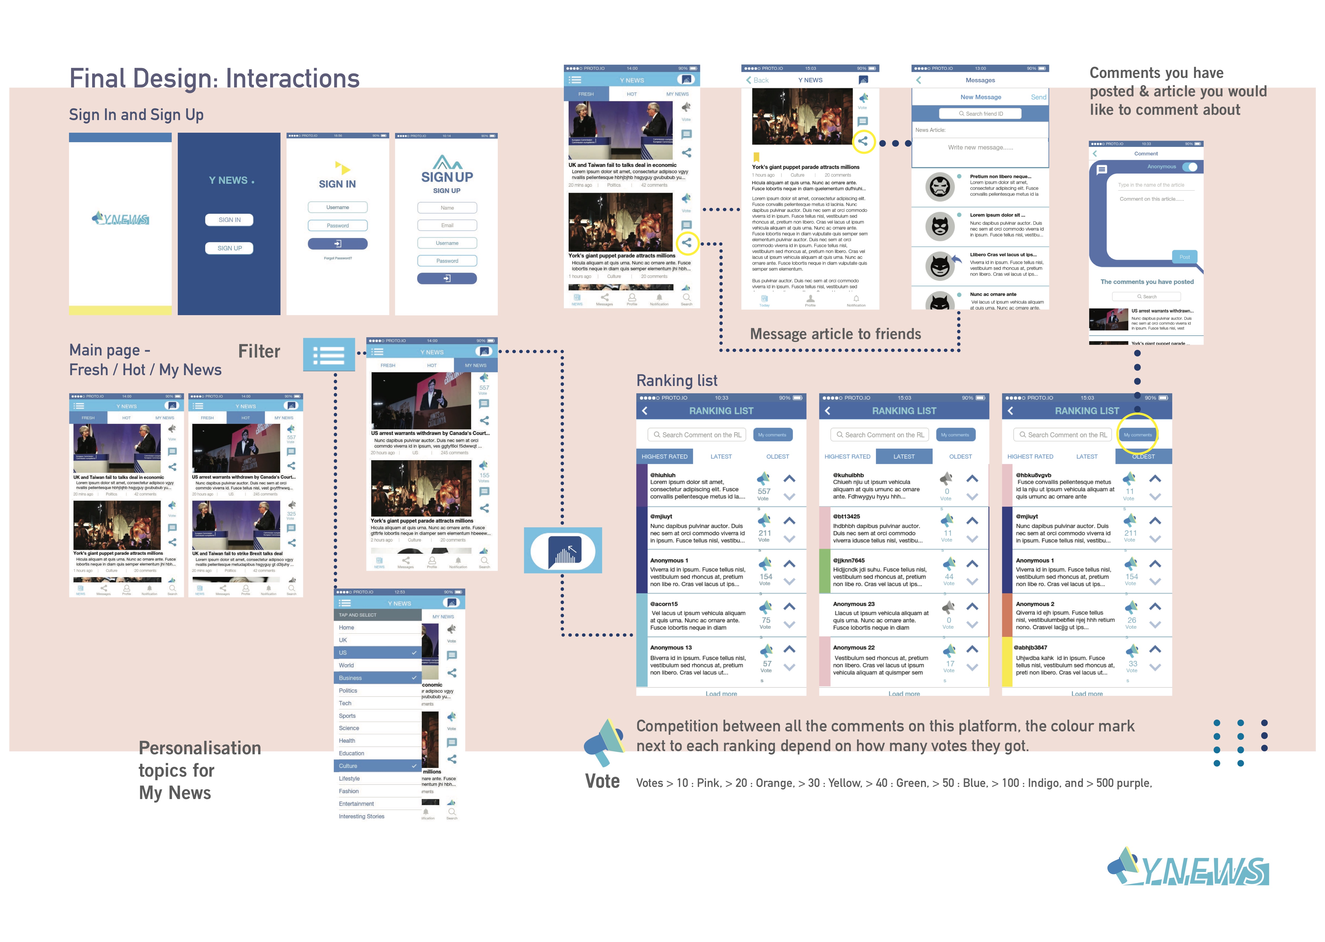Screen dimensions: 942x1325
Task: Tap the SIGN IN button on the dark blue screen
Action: coord(230,220)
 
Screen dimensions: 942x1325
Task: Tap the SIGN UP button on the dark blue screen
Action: coord(230,248)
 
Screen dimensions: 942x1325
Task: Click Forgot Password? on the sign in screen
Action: coord(338,258)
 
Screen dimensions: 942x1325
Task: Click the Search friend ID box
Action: coord(981,114)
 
